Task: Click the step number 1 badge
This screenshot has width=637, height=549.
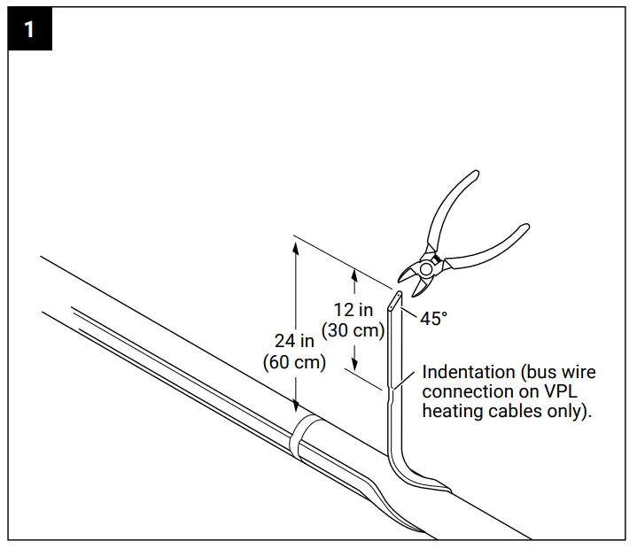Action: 29,30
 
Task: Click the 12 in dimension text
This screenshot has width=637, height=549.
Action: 353,310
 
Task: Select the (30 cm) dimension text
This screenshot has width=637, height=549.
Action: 353,330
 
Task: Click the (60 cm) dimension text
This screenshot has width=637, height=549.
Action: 294,362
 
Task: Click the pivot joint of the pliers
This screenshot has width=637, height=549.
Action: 428,267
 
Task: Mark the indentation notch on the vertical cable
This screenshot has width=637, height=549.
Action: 390,387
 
